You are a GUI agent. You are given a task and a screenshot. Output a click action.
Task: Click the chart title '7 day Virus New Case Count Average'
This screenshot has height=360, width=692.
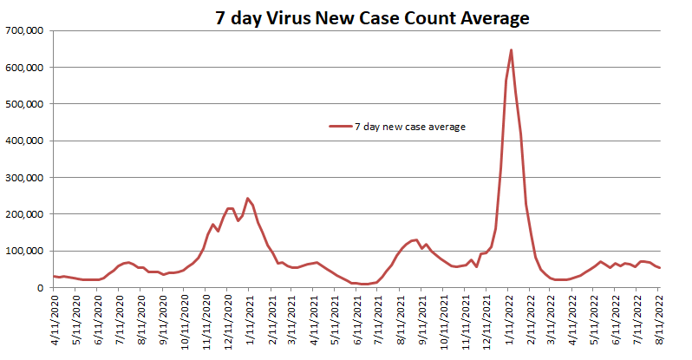(x=372, y=17)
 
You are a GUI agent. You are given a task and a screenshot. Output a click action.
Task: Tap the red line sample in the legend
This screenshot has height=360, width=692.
(x=340, y=127)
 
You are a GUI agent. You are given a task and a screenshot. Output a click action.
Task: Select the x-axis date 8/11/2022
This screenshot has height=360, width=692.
(x=661, y=321)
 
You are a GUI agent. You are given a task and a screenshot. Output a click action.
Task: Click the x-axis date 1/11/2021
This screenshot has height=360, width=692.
(x=249, y=321)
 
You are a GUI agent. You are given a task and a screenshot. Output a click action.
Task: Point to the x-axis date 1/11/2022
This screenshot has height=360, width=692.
(x=509, y=321)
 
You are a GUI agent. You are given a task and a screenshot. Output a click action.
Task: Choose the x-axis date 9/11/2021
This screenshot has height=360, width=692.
(x=422, y=321)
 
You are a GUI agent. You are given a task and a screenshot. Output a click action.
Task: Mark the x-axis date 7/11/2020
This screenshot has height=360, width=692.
(x=119, y=321)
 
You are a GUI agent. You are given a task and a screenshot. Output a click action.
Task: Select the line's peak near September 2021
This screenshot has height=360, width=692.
(x=416, y=239)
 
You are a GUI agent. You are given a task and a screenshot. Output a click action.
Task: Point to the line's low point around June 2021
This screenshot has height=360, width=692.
(x=365, y=284)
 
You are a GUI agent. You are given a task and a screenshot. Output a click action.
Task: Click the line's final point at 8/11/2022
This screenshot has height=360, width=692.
(x=660, y=267)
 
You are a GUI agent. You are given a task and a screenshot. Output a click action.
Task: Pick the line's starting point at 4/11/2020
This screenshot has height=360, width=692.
(x=54, y=276)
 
